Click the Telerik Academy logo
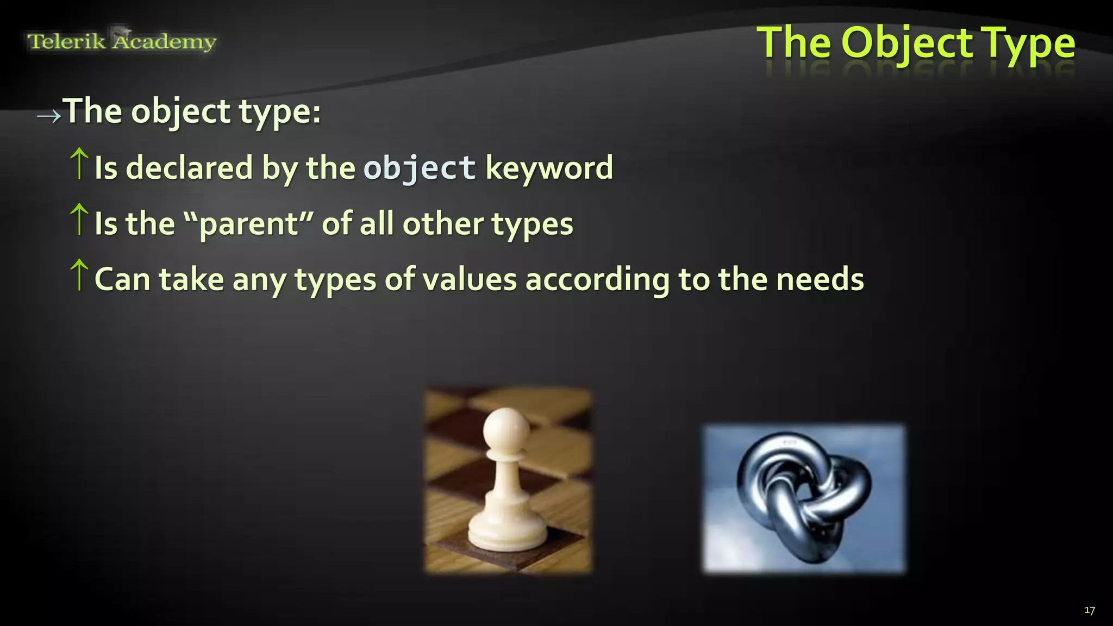click(x=122, y=41)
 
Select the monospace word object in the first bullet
click(x=420, y=167)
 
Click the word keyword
click(x=549, y=167)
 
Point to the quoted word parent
click(x=248, y=224)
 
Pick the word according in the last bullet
click(x=597, y=280)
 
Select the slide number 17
click(x=1089, y=610)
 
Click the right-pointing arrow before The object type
click(x=48, y=116)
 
